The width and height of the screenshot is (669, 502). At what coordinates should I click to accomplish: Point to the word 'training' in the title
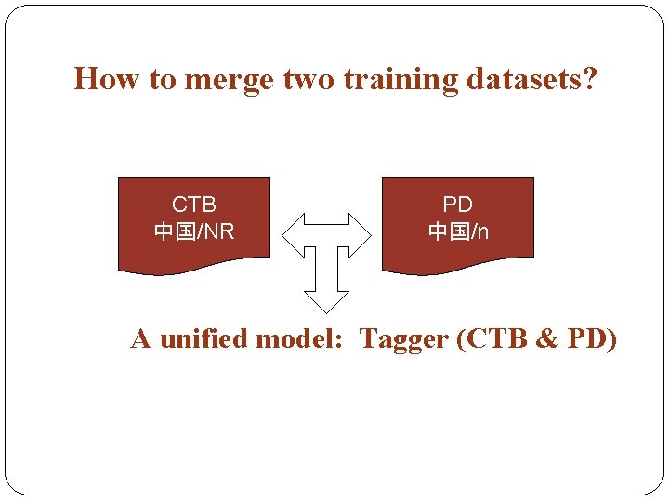pyautogui.click(x=400, y=81)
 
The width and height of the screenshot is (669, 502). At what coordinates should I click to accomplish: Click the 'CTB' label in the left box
pyautogui.click(x=194, y=205)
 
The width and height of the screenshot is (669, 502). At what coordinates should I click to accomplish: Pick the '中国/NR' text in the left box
pyautogui.click(x=194, y=231)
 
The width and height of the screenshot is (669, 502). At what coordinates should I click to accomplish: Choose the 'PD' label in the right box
pyautogui.click(x=457, y=205)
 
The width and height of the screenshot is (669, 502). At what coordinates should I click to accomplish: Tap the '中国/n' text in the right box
pyautogui.click(x=457, y=231)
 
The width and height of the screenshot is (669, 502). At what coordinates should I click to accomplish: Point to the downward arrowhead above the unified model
pyautogui.click(x=327, y=300)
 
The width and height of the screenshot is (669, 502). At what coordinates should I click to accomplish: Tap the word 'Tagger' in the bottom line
pyautogui.click(x=403, y=339)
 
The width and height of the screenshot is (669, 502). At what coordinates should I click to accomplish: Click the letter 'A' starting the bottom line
pyautogui.click(x=141, y=338)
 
